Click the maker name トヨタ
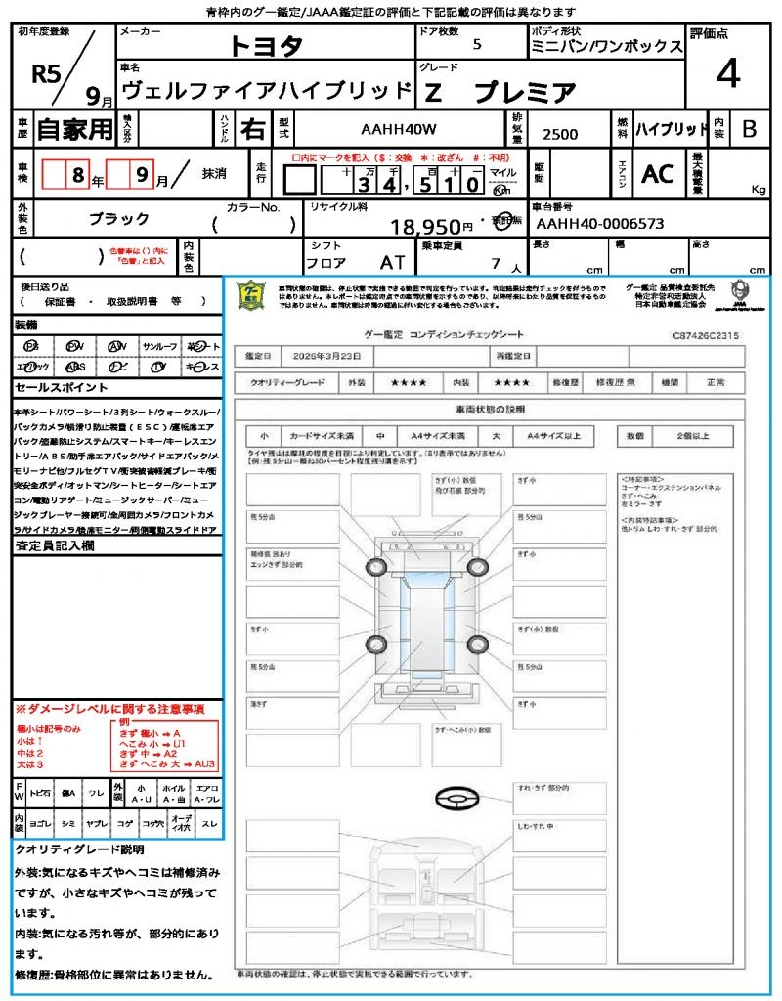[266, 47]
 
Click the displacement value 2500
[559, 135]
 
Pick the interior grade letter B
[749, 129]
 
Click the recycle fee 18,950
[425, 228]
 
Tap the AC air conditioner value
[658, 173]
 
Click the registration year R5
[45, 75]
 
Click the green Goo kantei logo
[252, 294]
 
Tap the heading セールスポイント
[53, 388]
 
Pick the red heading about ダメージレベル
[109, 708]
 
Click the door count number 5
[476, 45]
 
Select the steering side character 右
[252, 129]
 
